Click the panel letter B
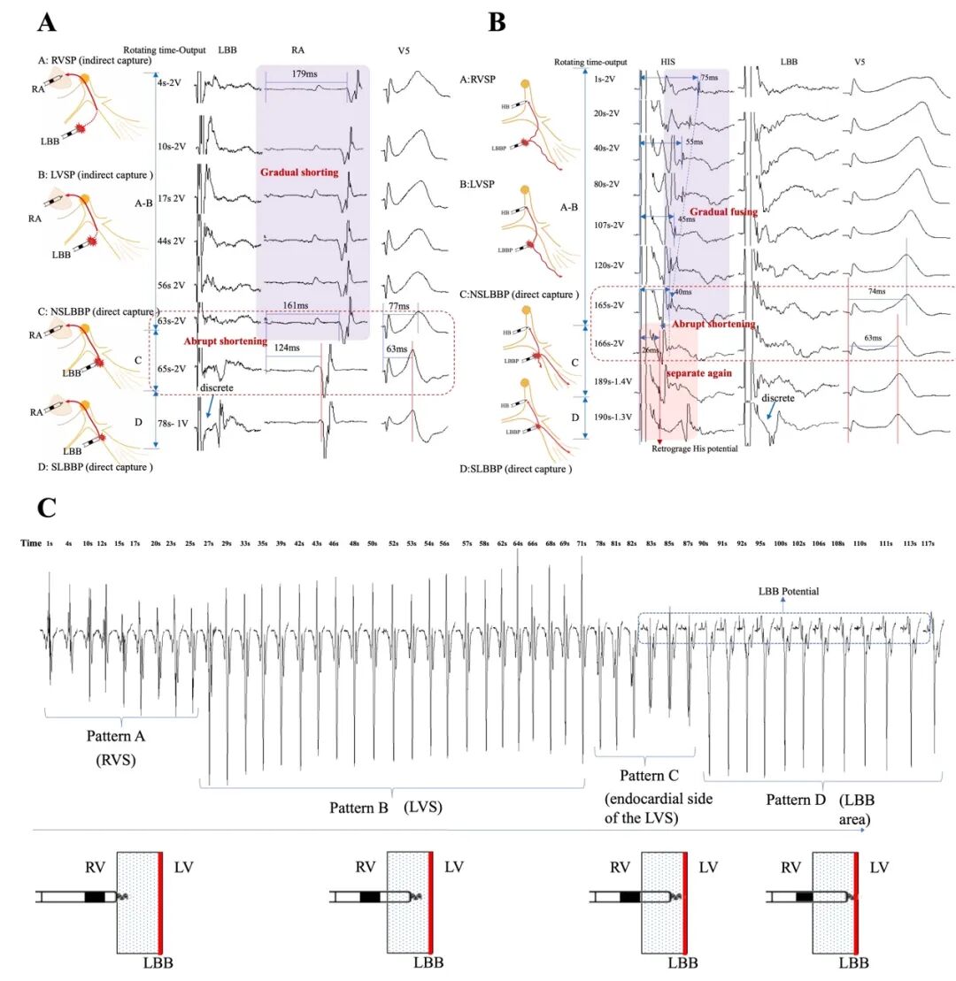[x=497, y=20]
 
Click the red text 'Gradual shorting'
[x=298, y=172]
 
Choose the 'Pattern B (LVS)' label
[x=385, y=807]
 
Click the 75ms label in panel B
[x=709, y=78]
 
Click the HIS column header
[x=670, y=63]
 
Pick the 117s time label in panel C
[x=928, y=542]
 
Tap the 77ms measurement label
[x=399, y=306]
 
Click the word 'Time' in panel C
[x=31, y=542]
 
